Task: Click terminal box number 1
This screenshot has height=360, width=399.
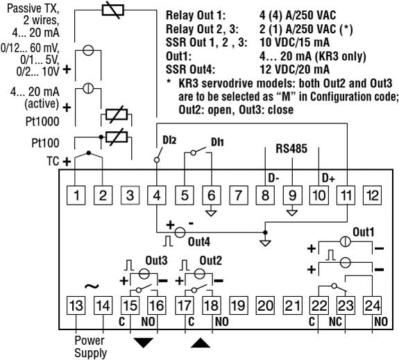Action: pyautogui.click(x=78, y=195)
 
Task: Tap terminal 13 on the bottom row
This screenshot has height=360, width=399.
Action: pyautogui.click(x=78, y=305)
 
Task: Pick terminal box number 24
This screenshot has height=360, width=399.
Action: pyautogui.click(x=373, y=305)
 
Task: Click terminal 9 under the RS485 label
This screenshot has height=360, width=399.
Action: pyautogui.click(x=292, y=195)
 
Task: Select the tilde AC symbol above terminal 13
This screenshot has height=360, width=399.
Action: pyautogui.click(x=89, y=284)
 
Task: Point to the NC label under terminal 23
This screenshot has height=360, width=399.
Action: pyautogui.click(x=341, y=321)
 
